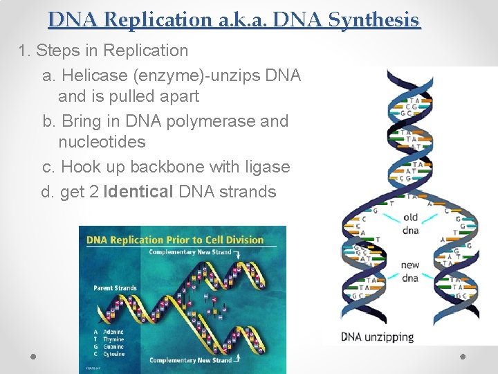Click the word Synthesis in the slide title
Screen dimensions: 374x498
pyautogui.click(x=373, y=20)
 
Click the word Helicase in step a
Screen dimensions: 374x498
pyautogui.click(x=93, y=75)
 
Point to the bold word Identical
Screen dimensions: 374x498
pyautogui.click(x=138, y=192)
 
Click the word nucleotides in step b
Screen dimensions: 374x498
pyautogui.click(x=102, y=142)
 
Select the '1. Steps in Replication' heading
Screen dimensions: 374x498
pyautogui.click(x=103, y=51)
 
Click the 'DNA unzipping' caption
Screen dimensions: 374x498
pyautogui.click(x=377, y=337)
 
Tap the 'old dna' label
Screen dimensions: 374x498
pyautogui.click(x=410, y=224)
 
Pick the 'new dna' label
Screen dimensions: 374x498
pyautogui.click(x=410, y=271)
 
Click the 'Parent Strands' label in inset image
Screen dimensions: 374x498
pyautogui.click(x=115, y=287)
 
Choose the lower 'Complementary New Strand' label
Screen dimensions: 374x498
pyautogui.click(x=190, y=360)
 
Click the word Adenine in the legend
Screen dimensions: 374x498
pyautogui.click(x=113, y=332)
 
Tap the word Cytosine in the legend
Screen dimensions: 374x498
pyautogui.click(x=113, y=355)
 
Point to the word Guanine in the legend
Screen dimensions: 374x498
pyautogui.click(x=113, y=347)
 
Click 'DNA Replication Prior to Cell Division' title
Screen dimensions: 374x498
pyautogui.click(x=175, y=240)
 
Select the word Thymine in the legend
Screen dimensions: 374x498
pyautogui.click(x=113, y=339)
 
